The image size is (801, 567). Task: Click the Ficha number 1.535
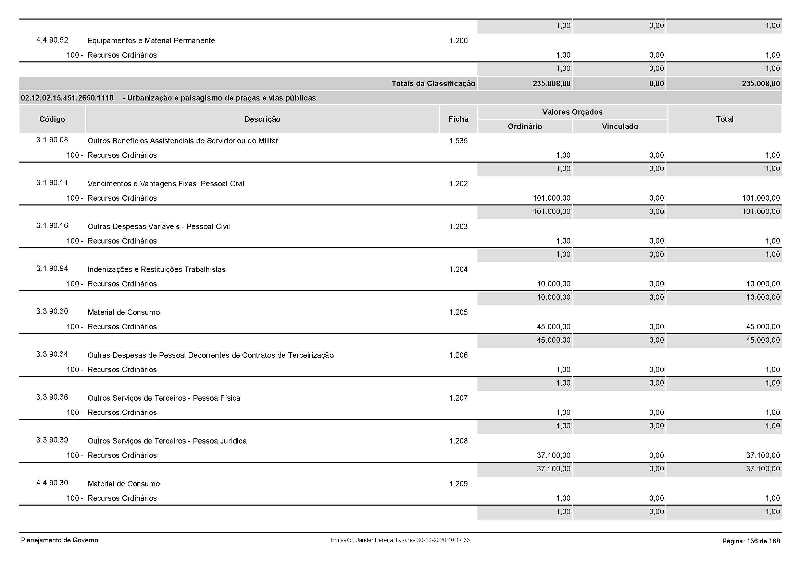[x=458, y=141]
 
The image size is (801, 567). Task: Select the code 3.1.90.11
[x=52, y=183]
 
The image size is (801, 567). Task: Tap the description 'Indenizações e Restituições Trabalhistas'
[x=156, y=269]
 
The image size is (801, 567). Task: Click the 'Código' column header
[x=52, y=119]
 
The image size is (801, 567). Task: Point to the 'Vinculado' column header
[x=619, y=127]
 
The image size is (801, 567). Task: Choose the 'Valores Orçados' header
[x=572, y=112]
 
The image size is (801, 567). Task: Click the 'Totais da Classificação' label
[x=433, y=83]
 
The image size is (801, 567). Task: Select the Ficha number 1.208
[x=458, y=441]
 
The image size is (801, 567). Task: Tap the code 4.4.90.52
[x=52, y=40]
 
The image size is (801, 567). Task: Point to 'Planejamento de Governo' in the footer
[x=60, y=540]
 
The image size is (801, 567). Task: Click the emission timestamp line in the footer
[x=400, y=540]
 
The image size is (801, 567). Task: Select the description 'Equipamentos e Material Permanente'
[x=151, y=40]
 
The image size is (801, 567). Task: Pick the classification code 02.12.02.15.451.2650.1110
[x=67, y=98]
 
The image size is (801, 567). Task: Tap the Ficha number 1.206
[x=458, y=355]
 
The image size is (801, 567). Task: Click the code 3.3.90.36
[x=52, y=397]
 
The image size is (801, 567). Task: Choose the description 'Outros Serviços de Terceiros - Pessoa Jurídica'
[x=167, y=441]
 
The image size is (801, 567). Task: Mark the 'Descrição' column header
[x=262, y=119]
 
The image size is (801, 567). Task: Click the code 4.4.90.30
[x=52, y=483]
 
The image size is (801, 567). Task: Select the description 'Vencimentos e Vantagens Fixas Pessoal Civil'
[x=166, y=184]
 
